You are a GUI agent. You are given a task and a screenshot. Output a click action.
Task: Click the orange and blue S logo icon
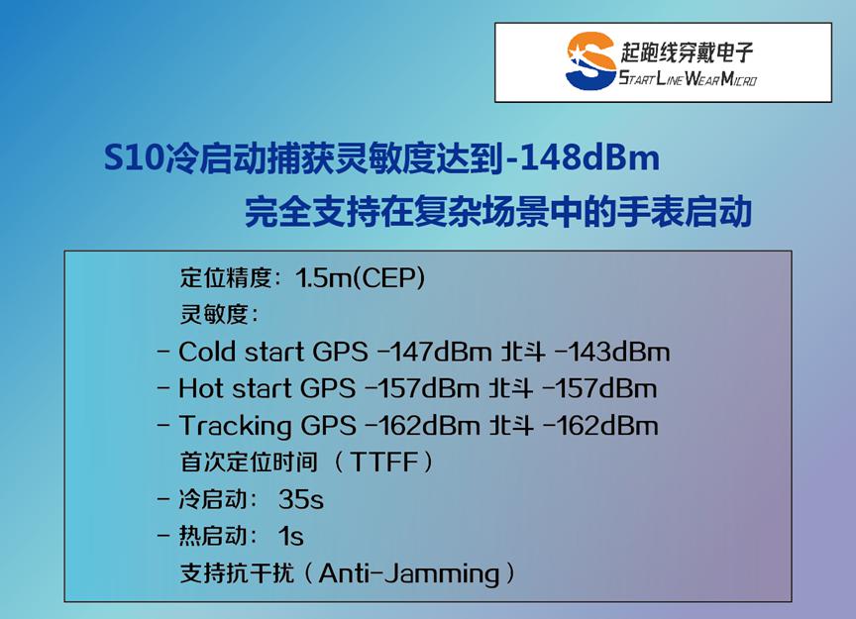(x=590, y=60)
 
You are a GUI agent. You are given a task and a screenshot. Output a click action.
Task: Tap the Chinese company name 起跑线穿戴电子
(x=687, y=52)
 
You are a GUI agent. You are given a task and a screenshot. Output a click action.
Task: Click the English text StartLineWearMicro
(x=688, y=78)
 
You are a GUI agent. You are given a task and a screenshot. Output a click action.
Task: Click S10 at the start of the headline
(x=133, y=158)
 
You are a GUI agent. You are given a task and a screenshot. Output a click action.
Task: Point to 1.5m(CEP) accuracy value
(x=360, y=278)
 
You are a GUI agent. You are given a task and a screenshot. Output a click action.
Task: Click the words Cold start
(x=241, y=352)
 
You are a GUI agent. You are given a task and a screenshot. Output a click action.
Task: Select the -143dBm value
(x=612, y=352)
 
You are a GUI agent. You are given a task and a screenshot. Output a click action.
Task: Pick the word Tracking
(x=235, y=426)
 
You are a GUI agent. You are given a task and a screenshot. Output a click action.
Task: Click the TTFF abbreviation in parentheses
(x=383, y=462)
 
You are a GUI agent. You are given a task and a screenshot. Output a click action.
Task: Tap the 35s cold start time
(x=301, y=499)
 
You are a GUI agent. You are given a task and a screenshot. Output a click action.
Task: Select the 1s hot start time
(x=290, y=536)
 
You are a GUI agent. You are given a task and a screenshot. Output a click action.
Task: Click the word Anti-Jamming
(x=409, y=573)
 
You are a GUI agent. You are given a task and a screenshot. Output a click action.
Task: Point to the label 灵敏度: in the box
(x=219, y=314)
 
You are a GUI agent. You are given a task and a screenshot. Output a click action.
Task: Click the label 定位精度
(x=226, y=278)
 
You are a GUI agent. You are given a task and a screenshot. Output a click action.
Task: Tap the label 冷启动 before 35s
(x=213, y=499)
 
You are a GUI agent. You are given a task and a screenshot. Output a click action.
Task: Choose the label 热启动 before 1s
(x=213, y=536)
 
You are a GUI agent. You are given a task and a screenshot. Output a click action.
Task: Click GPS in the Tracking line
(x=329, y=426)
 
